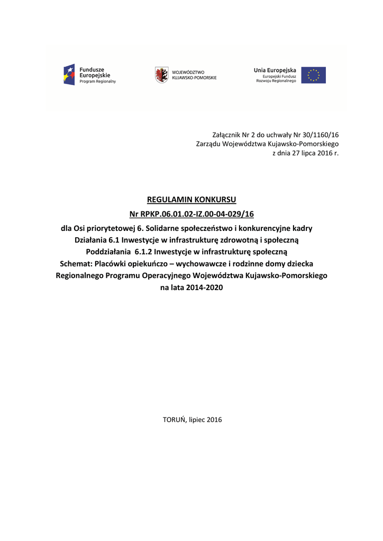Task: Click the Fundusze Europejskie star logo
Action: click(x=69, y=74)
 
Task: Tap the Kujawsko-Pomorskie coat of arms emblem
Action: click(x=161, y=74)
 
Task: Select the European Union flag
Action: click(x=314, y=75)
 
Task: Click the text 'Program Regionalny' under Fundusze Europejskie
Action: click(x=97, y=81)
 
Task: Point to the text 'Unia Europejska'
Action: click(x=275, y=70)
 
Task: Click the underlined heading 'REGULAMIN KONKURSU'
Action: click(x=191, y=200)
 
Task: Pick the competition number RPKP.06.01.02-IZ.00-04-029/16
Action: click(x=198, y=214)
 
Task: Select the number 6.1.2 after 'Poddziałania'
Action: click(x=144, y=251)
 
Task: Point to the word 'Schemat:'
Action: click(x=76, y=264)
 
